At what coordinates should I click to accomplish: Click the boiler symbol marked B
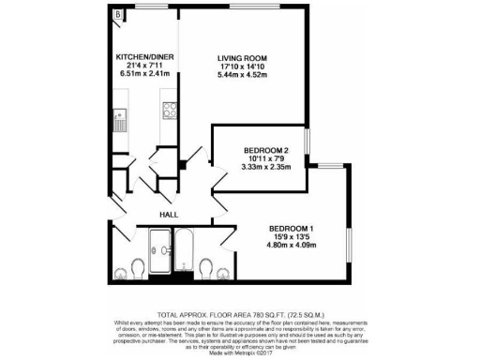coord(117,16)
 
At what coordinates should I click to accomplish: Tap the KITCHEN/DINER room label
coord(142,56)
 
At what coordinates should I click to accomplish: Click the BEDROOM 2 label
coord(261,151)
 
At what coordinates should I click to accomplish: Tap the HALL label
coord(169,214)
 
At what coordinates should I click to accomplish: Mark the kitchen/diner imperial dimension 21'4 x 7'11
coord(142,65)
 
